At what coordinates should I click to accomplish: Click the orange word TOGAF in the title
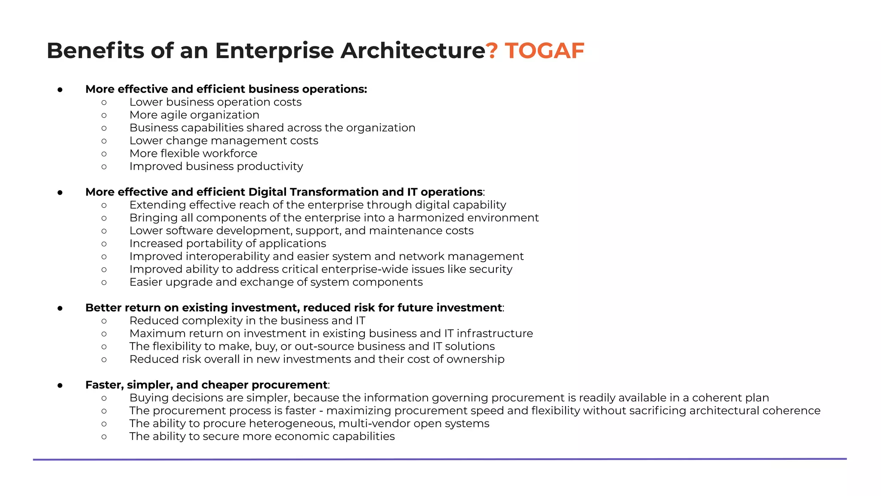(545, 51)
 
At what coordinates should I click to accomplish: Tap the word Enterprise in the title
(274, 51)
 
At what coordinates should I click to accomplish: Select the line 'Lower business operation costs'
(215, 102)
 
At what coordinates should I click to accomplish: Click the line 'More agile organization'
(194, 115)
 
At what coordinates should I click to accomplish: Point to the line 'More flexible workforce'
(193, 154)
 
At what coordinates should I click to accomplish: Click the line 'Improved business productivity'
(216, 167)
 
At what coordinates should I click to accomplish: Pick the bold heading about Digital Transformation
(284, 192)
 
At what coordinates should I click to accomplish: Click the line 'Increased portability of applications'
(228, 244)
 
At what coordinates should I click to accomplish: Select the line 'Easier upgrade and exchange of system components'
(276, 282)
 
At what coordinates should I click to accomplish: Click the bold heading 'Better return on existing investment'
(293, 308)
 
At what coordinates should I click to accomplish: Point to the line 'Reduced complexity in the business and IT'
(247, 321)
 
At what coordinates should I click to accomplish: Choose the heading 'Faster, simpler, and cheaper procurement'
(206, 385)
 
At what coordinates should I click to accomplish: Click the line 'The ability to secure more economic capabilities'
(262, 437)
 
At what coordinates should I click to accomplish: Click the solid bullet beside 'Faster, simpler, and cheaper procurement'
(60, 385)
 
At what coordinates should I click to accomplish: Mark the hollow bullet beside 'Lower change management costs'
(104, 141)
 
